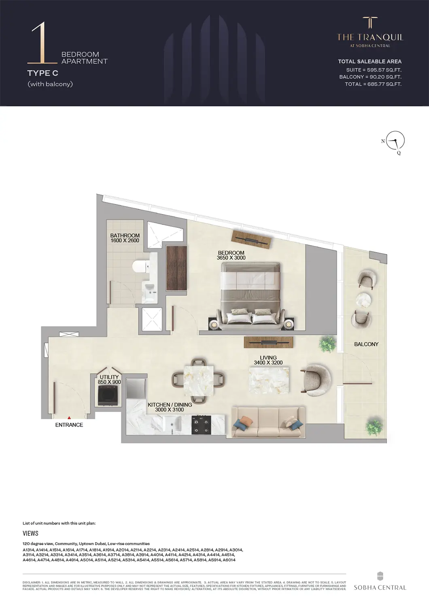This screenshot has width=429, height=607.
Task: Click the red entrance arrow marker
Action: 69,417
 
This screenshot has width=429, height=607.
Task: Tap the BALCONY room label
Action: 366,344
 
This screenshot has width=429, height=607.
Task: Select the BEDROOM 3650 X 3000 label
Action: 231,255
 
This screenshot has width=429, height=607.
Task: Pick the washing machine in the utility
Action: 108,395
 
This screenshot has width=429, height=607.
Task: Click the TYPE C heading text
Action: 42,73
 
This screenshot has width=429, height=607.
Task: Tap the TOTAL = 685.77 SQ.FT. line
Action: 373,84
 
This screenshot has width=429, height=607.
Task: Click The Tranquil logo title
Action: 370,37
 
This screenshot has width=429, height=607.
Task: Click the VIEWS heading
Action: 30,533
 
